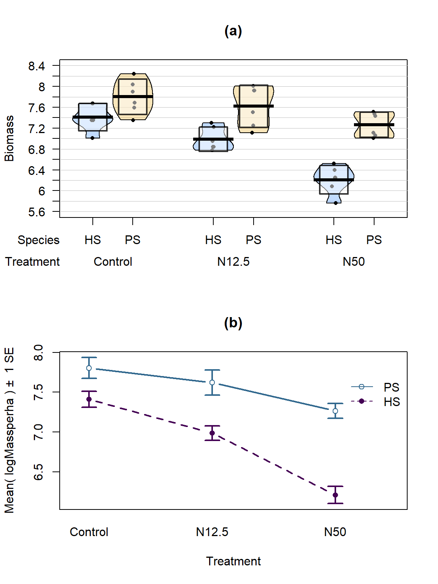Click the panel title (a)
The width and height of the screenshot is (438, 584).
pyautogui.click(x=233, y=31)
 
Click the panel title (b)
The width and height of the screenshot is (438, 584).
pyautogui.click(x=233, y=323)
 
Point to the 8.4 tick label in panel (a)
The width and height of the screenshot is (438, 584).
pyautogui.click(x=36, y=66)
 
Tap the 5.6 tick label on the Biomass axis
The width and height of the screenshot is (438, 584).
pyautogui.click(x=36, y=212)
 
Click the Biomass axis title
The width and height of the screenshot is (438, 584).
pyautogui.click(x=9, y=138)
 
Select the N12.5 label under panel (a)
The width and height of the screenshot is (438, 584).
pyautogui.click(x=233, y=262)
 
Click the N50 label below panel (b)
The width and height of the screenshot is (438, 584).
pyautogui.click(x=335, y=532)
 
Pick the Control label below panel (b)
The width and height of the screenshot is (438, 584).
pyautogui.click(x=89, y=532)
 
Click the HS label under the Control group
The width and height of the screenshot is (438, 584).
pyautogui.click(x=92, y=240)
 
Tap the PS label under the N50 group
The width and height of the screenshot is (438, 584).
pyautogui.click(x=374, y=240)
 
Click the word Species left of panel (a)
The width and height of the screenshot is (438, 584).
pyautogui.click(x=38, y=240)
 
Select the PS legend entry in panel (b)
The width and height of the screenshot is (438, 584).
pyautogui.click(x=391, y=387)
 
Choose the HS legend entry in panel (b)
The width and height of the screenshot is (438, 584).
pyautogui.click(x=392, y=402)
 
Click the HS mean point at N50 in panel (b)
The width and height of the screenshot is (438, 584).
pyautogui.click(x=335, y=495)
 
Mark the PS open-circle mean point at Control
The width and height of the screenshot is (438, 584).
pyautogui.click(x=89, y=368)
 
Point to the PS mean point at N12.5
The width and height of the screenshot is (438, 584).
pyautogui.click(x=212, y=382)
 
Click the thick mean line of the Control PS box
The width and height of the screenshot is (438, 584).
pyautogui.click(x=133, y=97)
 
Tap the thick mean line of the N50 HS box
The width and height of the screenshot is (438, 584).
pyautogui.click(x=334, y=179)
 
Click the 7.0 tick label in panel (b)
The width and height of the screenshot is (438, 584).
pyautogui.click(x=38, y=432)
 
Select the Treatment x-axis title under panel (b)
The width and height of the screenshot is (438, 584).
pyautogui.click(x=233, y=561)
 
